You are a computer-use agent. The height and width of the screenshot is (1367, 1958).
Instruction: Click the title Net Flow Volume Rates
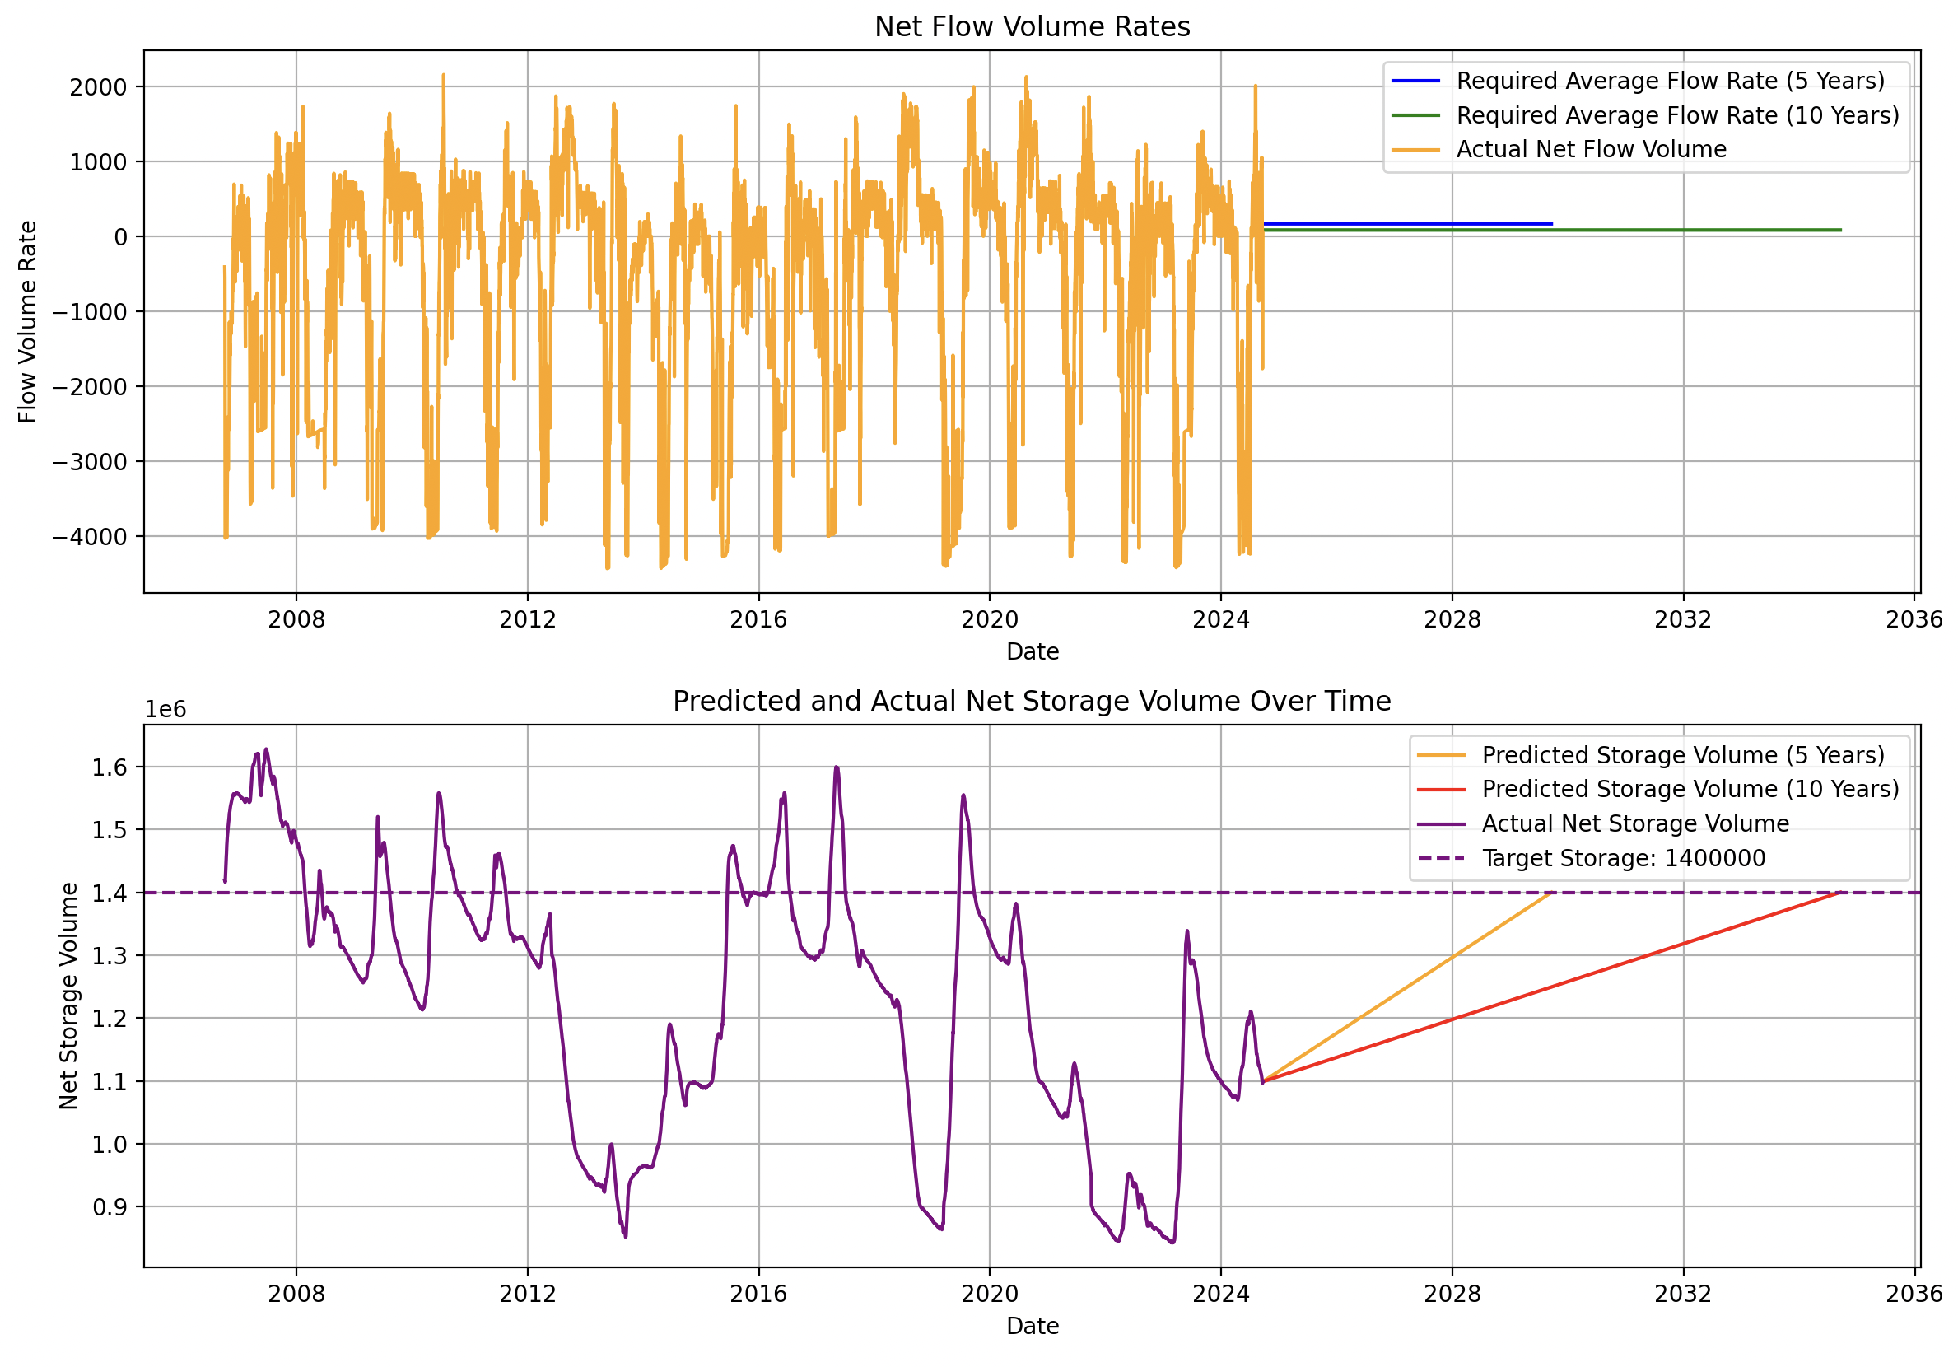[x=1032, y=27]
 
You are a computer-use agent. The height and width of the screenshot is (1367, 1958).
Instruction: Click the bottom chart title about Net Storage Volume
[x=1032, y=701]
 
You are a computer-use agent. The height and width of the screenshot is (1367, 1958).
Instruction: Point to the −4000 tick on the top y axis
[x=90, y=537]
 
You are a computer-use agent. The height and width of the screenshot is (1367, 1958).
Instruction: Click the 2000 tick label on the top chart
[x=98, y=87]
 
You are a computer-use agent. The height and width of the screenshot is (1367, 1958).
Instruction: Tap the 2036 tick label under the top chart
[x=1914, y=619]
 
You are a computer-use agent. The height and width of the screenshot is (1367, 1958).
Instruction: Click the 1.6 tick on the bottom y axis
[x=110, y=767]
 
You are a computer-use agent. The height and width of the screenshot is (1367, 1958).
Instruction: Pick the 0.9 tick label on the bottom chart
[x=110, y=1206]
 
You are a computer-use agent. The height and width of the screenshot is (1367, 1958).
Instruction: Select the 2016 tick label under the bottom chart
[x=758, y=1294]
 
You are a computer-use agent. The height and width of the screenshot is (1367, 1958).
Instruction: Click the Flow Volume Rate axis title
[x=27, y=321]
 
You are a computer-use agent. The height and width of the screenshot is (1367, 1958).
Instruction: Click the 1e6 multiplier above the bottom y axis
[x=165, y=710]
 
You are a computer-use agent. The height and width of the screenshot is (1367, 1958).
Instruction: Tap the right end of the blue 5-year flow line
[x=1552, y=224]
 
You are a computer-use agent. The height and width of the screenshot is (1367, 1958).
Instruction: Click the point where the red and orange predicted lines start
[x=1263, y=1081]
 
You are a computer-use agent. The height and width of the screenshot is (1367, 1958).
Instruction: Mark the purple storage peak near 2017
[x=837, y=767]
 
